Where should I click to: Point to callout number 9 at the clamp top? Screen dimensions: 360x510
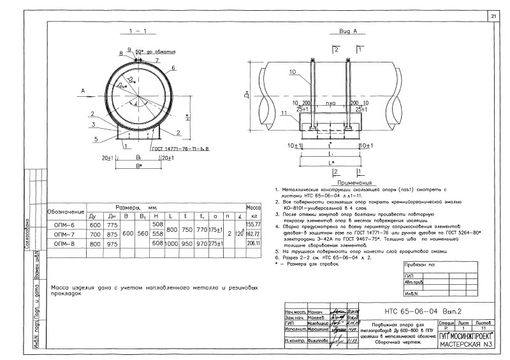129,50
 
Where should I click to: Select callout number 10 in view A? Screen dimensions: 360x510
292,73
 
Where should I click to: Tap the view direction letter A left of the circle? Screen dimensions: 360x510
84,91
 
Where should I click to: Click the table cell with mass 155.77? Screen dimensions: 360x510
254,225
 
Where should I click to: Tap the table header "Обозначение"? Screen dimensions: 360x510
66,211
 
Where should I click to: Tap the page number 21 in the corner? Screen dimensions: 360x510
494,15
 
